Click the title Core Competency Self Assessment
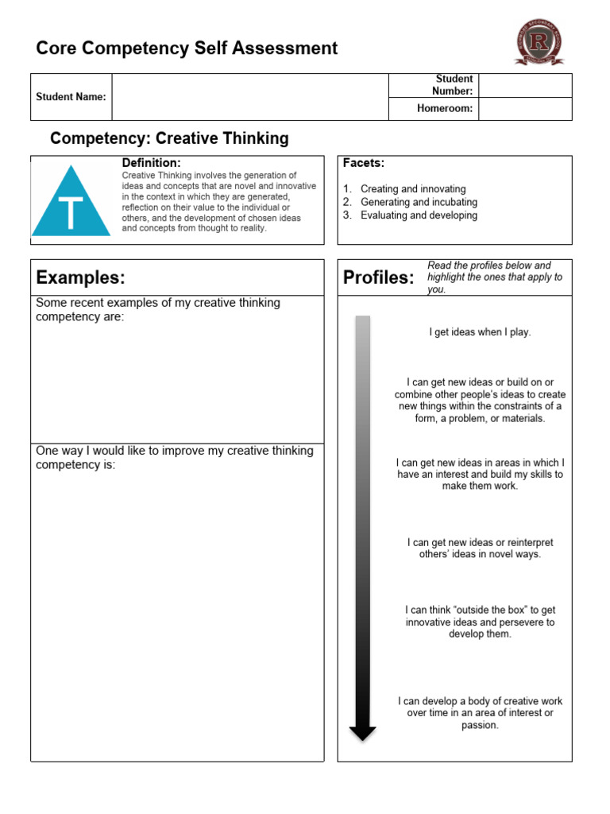[187, 48]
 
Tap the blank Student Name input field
[249, 97]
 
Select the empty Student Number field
[525, 85]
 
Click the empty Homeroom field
[525, 109]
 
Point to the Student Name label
[71, 97]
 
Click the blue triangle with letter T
[71, 203]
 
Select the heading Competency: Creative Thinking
[169, 139]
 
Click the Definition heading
[151, 163]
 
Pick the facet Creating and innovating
[413, 189]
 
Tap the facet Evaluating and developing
[419, 215]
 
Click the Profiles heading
[379, 277]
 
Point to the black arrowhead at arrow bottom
[363, 731]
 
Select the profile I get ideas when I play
[480, 332]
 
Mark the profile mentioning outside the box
[480, 622]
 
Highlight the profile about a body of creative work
[480, 713]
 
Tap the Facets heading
[364, 163]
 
